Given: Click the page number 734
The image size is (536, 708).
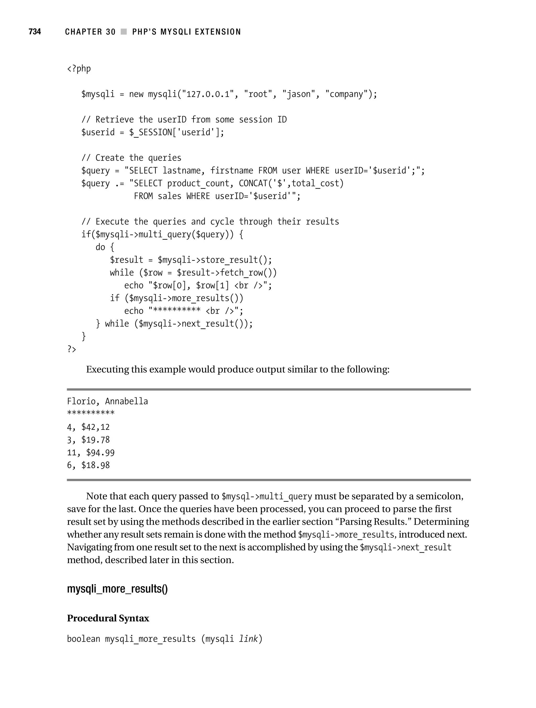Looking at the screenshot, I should [35, 31].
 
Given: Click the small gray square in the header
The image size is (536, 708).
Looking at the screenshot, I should [124, 32].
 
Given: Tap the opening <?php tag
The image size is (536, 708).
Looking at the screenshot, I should [79, 69].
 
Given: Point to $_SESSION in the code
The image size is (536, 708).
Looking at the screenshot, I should [150, 132].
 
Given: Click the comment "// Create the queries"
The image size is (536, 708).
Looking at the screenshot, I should [131, 158].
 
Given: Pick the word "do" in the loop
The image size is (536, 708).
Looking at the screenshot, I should [100, 247].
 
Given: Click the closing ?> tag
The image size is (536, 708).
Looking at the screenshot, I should [72, 349].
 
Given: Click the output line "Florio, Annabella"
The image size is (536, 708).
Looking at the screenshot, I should [107, 401].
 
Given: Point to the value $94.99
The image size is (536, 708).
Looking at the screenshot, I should [100, 453].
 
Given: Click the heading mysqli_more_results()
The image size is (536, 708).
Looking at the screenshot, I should [117, 589].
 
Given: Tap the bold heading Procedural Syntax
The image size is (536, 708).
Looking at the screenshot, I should [108, 618].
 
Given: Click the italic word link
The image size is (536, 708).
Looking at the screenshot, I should [248, 639].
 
